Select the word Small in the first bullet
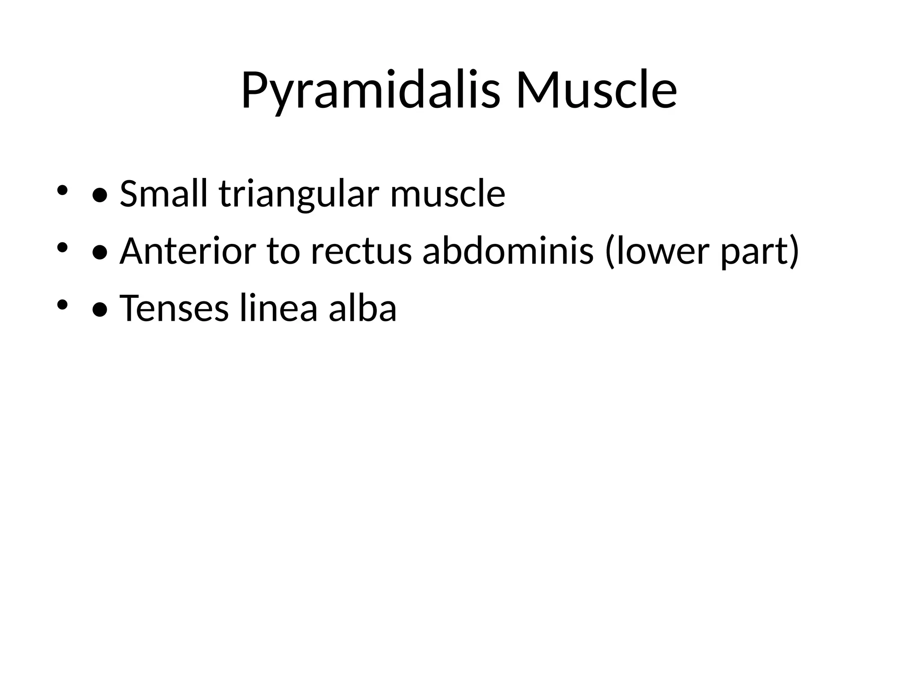(164, 194)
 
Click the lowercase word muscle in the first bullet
(447, 194)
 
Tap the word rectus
(361, 252)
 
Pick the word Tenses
(174, 308)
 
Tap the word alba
(363, 308)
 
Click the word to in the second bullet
(283, 252)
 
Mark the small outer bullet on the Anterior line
(62, 247)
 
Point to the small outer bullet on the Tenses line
(62, 305)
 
